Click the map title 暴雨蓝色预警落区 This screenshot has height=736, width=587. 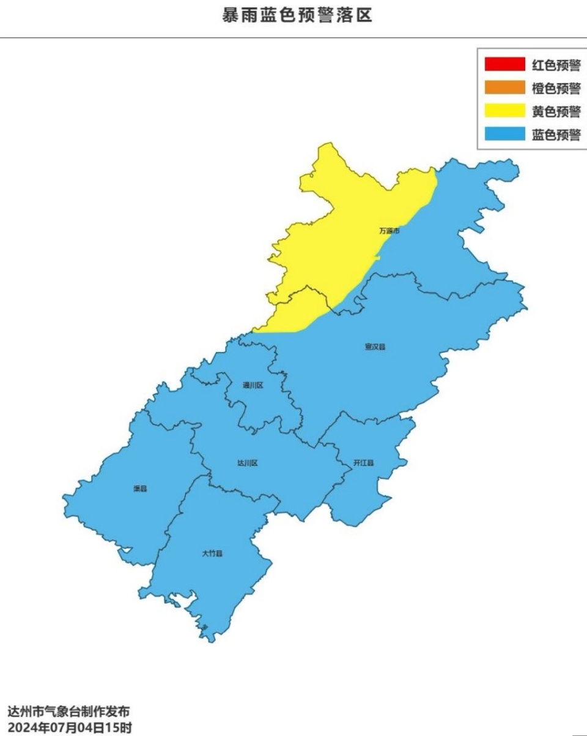[297, 15]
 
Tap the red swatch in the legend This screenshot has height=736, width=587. [504, 64]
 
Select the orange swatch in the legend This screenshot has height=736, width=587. [504, 88]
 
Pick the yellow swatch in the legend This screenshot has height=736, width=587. [504, 111]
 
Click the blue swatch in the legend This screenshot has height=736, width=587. [504, 134]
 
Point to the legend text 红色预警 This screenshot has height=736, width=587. [556, 65]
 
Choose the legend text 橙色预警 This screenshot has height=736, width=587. [556, 88]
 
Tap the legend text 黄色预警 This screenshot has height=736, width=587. [556, 111]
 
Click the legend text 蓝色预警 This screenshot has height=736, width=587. [556, 135]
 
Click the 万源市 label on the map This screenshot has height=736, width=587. [389, 231]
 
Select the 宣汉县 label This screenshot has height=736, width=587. [375, 347]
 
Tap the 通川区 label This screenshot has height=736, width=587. [253, 385]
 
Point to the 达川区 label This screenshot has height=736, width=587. [247, 463]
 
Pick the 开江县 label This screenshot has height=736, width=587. [363, 463]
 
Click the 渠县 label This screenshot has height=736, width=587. [140, 489]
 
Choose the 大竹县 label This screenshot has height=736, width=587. [212, 554]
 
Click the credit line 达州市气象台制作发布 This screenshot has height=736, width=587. [68, 712]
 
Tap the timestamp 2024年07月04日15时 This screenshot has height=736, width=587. [68, 728]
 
